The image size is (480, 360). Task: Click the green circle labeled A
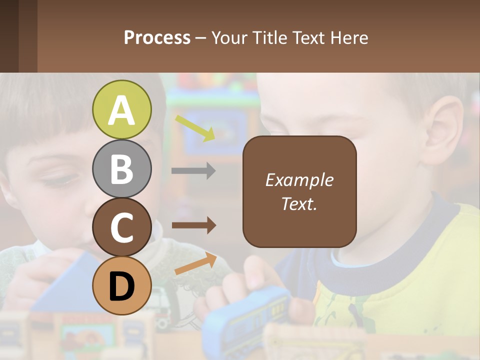(121, 109)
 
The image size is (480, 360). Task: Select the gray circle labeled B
(121, 168)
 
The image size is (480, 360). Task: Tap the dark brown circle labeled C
(121, 227)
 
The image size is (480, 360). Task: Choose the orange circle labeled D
(121, 285)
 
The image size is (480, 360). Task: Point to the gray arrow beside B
(193, 170)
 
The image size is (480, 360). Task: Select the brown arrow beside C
(193, 225)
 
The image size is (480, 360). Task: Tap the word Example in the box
(299, 180)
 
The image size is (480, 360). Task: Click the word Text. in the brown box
(299, 203)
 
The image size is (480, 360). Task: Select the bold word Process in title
(157, 37)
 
